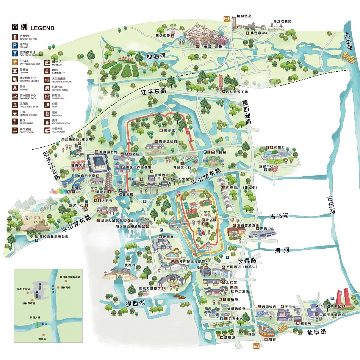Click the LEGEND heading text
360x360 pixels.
point(42,28)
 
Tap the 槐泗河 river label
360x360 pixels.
point(156,56)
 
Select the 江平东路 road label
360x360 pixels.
point(154,92)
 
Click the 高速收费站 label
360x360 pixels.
point(282,21)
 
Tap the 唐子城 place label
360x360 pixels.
point(169,130)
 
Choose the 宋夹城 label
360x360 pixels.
point(211,220)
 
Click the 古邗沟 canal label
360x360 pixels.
point(279,216)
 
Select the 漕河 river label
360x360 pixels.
point(282,250)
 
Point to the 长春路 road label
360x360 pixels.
point(247,261)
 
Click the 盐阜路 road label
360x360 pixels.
point(316,332)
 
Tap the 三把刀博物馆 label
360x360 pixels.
point(149,289)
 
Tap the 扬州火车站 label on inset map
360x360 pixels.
point(23,289)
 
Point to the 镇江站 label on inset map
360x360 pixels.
point(42,339)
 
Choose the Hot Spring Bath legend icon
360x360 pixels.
point(15,105)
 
